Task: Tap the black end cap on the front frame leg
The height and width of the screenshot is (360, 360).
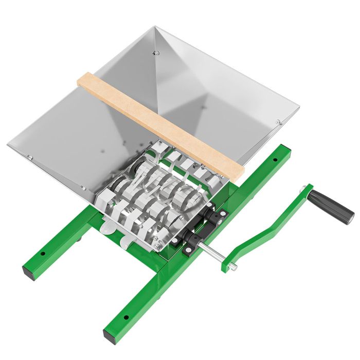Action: click(x=110, y=337)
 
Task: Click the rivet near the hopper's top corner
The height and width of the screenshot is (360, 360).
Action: click(x=156, y=52)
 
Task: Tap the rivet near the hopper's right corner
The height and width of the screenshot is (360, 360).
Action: click(x=278, y=122)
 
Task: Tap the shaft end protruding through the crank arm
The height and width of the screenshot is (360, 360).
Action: click(x=233, y=266)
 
